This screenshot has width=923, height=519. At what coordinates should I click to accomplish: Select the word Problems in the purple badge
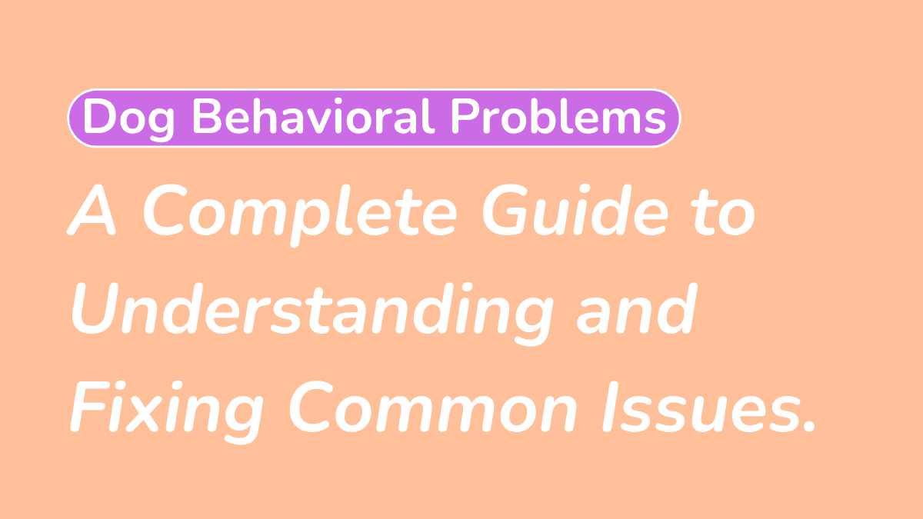point(558,117)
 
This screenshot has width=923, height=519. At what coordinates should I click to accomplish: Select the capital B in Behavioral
point(209,117)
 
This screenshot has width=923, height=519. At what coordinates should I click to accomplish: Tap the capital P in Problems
point(466,117)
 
